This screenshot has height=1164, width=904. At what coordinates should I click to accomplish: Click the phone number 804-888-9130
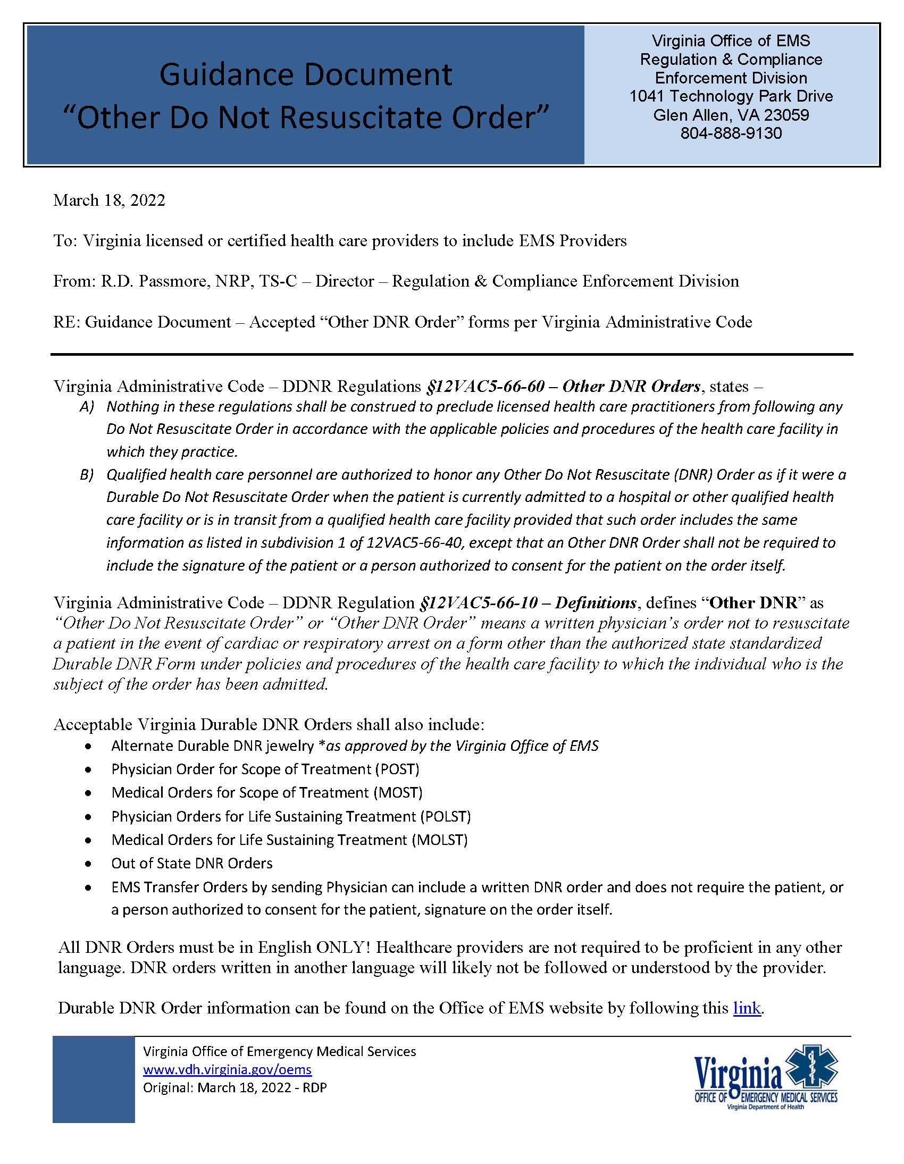(x=731, y=133)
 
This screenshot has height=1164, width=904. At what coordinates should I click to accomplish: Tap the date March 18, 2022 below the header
(x=109, y=200)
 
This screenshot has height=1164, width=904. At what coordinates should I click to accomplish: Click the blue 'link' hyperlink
(x=747, y=1008)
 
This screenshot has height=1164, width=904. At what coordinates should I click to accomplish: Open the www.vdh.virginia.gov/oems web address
(x=227, y=1070)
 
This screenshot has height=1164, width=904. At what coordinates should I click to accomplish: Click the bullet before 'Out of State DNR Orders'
(x=88, y=864)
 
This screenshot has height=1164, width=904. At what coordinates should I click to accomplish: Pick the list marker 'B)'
(x=87, y=475)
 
